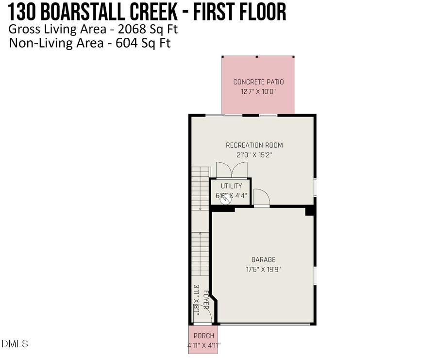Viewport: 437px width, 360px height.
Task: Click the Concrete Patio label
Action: pyautogui.click(x=258, y=82)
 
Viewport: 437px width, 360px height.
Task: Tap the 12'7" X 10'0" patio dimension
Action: pyautogui.click(x=258, y=91)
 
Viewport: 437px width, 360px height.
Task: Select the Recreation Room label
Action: pyautogui.click(x=254, y=145)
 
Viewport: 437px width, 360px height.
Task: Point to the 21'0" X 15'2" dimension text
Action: pyautogui.click(x=254, y=155)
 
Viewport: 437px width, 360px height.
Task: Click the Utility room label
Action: pyautogui.click(x=231, y=186)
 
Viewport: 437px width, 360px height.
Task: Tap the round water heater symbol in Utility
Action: pyautogui.click(x=226, y=199)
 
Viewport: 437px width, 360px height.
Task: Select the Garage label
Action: pyautogui.click(x=263, y=260)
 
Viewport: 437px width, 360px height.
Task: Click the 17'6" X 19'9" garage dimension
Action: pyautogui.click(x=263, y=269)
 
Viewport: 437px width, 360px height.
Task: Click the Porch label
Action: pyautogui.click(x=203, y=336)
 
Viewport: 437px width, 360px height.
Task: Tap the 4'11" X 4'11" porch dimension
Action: pyautogui.click(x=203, y=345)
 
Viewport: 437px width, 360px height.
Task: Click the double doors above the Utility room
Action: pyautogui.click(x=232, y=170)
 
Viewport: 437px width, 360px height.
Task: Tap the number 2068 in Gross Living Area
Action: pyautogui.click(x=132, y=29)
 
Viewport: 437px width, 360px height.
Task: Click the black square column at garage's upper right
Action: pyautogui.click(x=309, y=211)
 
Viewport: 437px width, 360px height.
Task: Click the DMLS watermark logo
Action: pyautogui.click(x=15, y=344)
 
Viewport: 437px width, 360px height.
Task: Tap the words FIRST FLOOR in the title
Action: pyautogui.click(x=240, y=12)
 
